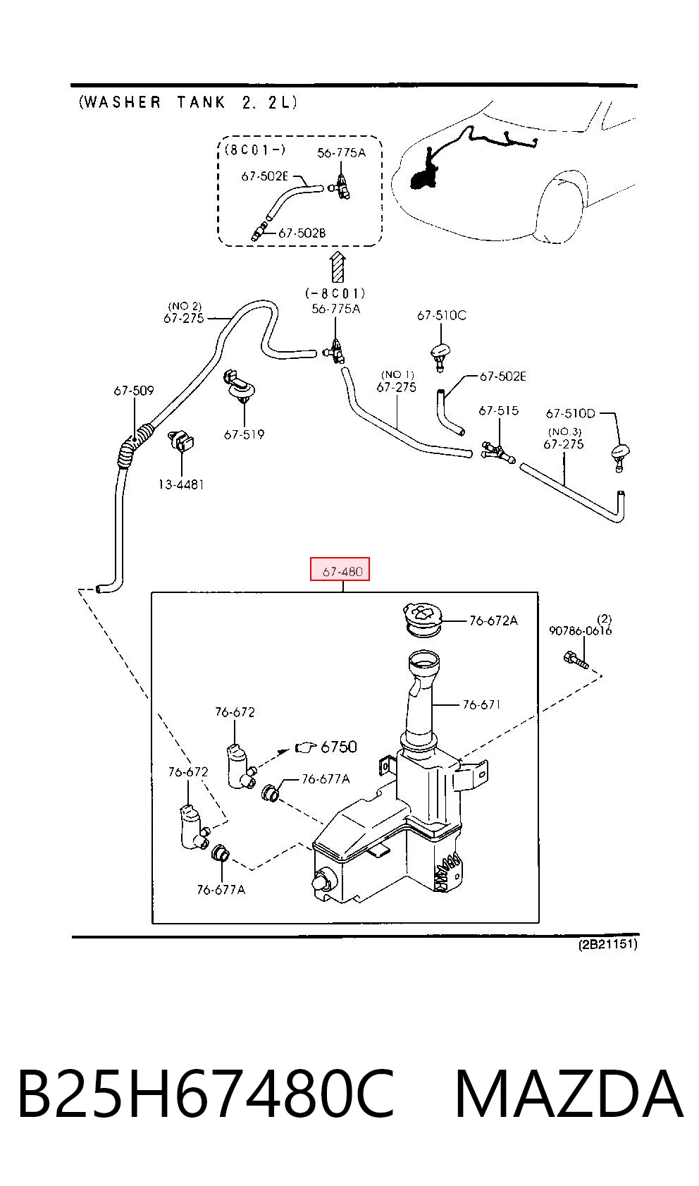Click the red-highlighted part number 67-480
coord(342,571)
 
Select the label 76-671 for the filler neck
coord(481,704)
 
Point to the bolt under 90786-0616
coord(576,660)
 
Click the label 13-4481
coord(181,484)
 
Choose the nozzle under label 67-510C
coord(441,355)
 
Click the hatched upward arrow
coord(337,267)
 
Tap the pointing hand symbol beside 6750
coord(305,747)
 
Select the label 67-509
coord(134,391)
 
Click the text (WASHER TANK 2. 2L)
coord(188,102)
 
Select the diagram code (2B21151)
coord(607,943)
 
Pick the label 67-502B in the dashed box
coord(302,233)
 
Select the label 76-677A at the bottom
coord(221,890)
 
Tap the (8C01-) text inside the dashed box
coord(255,150)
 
